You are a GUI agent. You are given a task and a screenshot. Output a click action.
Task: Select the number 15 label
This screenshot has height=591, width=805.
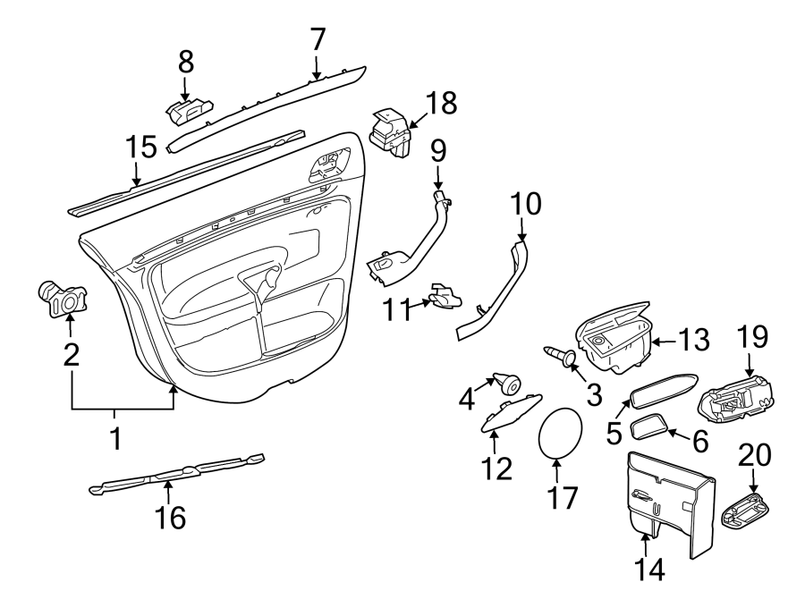click(x=140, y=146)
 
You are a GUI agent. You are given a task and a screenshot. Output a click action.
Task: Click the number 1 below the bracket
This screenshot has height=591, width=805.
click(x=114, y=438)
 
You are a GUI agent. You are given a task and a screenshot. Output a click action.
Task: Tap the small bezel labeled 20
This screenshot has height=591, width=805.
click(x=745, y=514)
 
